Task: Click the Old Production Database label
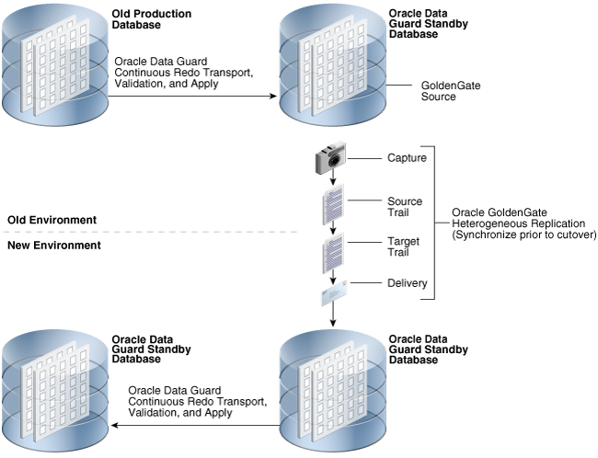pyautogui.click(x=152, y=20)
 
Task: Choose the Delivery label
pyautogui.click(x=408, y=283)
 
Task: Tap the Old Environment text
pyautogui.click(x=52, y=220)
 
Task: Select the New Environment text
pyautogui.click(x=53, y=246)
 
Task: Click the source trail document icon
pyautogui.click(x=332, y=204)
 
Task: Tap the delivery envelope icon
pyautogui.click(x=332, y=293)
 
